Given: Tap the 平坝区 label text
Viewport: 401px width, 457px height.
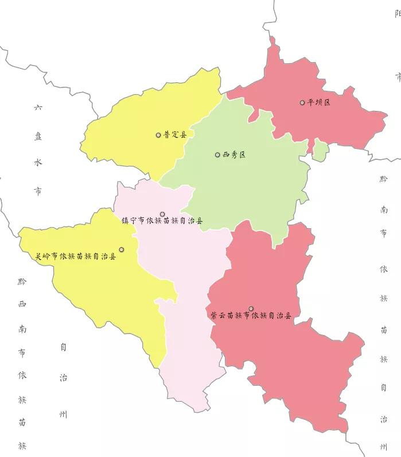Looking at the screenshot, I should coord(319,103).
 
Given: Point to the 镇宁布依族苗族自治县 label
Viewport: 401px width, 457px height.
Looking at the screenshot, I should coord(162,221).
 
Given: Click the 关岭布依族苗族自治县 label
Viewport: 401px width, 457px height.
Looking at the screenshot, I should coord(76,256).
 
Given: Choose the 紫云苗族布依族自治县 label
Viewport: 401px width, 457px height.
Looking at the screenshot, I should coord(251,316).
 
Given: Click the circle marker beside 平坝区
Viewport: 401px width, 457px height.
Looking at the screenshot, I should coord(302,103).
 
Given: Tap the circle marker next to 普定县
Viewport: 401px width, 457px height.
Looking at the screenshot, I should coord(158,135).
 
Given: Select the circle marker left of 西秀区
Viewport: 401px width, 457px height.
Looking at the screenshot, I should coord(217,155).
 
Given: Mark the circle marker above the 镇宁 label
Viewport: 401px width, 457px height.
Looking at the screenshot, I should coord(162,214).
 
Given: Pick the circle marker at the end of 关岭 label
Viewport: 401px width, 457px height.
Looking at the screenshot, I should coord(122,249).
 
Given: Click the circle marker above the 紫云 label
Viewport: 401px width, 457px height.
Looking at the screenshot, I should coord(251,309).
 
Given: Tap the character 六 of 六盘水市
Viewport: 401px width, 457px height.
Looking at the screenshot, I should coord(38,107).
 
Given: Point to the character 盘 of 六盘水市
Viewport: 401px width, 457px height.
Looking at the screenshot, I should coord(38,136).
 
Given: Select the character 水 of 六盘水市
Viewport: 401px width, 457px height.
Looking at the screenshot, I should coord(38,163).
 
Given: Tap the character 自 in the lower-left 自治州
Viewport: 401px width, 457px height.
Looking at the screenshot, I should coord(63,347).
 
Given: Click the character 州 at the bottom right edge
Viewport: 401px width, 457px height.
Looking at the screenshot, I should coord(383,446).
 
